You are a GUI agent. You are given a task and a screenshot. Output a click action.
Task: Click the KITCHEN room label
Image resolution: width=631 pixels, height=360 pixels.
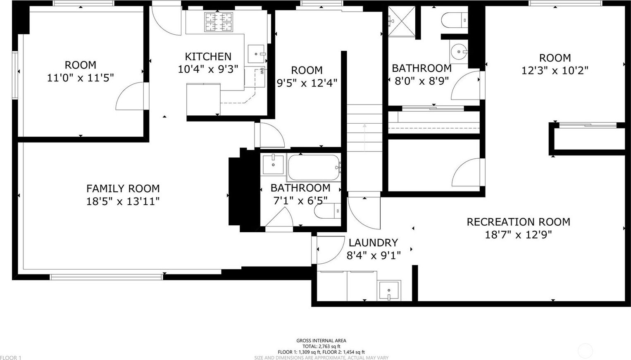[x=208, y=57]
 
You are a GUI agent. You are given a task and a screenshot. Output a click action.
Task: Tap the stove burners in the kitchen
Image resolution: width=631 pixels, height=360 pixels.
[x=219, y=22]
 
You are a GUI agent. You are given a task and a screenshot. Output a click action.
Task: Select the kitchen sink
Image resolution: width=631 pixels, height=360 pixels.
[x=256, y=54]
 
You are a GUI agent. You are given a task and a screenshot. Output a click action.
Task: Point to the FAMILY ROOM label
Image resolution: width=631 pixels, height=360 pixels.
[x=123, y=188]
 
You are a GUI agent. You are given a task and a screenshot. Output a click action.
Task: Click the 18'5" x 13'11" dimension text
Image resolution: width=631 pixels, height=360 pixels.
[x=123, y=202]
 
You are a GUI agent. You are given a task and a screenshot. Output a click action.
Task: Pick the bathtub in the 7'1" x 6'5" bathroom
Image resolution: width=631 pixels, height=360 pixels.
[x=314, y=167]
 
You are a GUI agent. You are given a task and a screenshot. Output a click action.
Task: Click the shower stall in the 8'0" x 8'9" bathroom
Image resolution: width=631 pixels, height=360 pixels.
[x=402, y=21]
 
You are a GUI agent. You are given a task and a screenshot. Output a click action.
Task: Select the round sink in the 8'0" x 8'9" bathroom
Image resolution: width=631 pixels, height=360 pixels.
[x=459, y=52]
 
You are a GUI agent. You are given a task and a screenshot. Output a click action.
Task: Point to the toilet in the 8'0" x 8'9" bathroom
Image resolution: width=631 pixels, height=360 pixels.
[x=455, y=20]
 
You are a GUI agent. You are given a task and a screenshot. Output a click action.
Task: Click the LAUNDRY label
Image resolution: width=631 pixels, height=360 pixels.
[x=373, y=243]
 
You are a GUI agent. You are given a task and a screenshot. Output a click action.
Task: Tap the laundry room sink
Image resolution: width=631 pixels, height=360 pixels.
[x=389, y=291]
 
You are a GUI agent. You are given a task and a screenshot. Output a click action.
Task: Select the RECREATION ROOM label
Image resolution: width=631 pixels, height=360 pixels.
[x=518, y=222]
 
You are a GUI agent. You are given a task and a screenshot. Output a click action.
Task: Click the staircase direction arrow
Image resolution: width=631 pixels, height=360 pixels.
[x=364, y=138]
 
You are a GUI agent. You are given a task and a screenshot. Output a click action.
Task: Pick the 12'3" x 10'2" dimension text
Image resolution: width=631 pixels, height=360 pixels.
[x=555, y=71]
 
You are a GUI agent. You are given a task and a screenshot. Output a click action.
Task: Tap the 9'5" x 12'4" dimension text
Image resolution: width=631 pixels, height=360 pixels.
[x=307, y=83]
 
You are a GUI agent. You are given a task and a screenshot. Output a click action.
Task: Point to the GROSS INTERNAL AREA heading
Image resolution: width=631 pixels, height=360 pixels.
[x=321, y=341]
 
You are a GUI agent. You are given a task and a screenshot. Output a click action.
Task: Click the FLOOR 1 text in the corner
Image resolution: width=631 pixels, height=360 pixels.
[x=11, y=358]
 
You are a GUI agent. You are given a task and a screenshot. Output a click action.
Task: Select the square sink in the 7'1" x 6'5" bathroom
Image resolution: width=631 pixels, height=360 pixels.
[x=273, y=164]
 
